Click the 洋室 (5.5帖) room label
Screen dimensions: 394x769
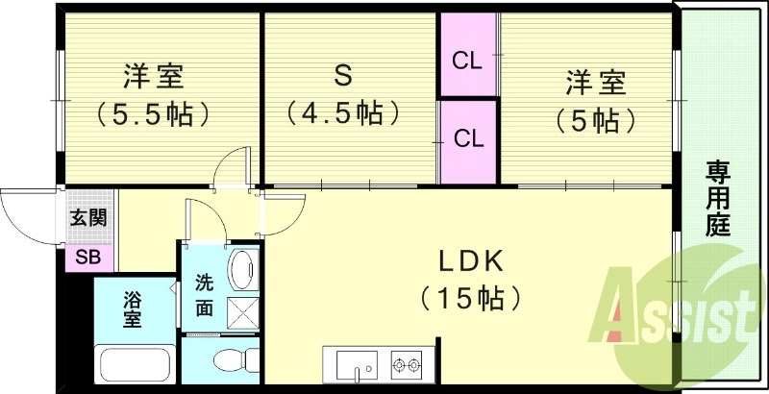point(154,96)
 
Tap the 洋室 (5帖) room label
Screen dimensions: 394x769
point(595,101)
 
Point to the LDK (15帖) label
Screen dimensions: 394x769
point(471,279)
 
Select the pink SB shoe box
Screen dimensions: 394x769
point(88,258)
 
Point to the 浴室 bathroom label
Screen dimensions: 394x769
point(132,309)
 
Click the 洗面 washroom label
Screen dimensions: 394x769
point(204,296)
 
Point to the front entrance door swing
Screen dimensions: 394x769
point(29,213)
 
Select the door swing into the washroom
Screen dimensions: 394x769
point(204,219)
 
